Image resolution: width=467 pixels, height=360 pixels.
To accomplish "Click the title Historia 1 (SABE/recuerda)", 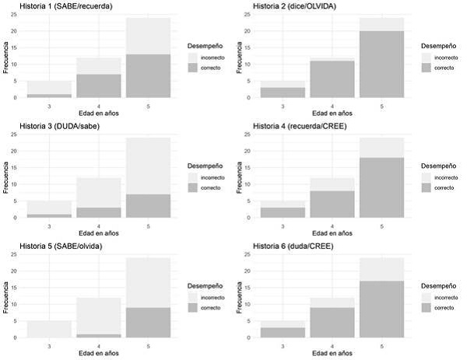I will tap(58, 7).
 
